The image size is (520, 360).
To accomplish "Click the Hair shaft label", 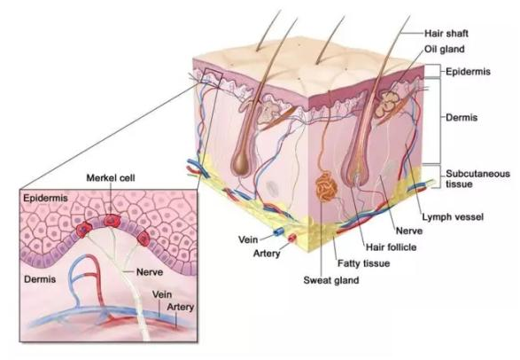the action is (446, 34).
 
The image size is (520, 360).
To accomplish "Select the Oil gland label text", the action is (445, 49).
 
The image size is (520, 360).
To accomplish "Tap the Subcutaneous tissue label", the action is (477, 178).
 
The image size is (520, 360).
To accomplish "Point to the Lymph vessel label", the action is (453, 217).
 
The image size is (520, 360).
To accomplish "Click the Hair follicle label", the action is (391, 247).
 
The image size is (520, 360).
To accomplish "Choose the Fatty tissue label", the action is (363, 263).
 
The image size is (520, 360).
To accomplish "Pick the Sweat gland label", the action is (331, 280).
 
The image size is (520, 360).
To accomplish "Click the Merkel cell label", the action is (111, 178).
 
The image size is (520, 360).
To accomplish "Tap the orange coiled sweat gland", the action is (326, 187).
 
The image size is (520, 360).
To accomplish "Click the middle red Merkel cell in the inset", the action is (112, 220).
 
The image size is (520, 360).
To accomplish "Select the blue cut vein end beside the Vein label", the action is (277, 232).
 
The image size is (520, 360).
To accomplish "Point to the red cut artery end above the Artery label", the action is (291, 238).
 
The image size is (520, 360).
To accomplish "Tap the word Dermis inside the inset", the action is (40, 279).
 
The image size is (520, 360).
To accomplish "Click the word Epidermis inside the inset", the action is (45, 198).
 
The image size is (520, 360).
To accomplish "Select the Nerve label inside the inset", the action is (150, 272).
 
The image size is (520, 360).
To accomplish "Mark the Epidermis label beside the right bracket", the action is (468, 72).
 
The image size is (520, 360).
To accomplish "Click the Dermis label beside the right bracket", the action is (462, 117).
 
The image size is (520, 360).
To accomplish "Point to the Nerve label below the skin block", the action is (409, 231).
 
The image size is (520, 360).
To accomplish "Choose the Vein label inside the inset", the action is (162, 294).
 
